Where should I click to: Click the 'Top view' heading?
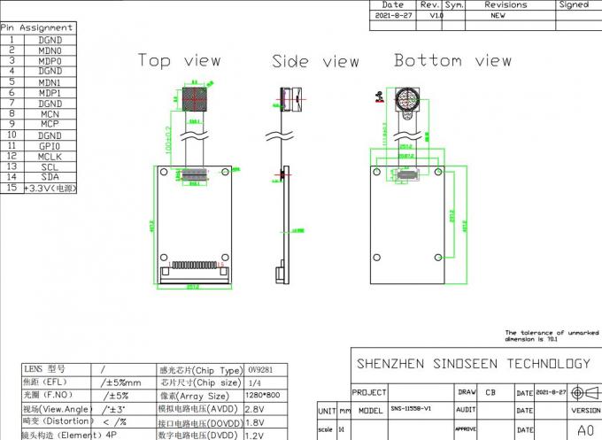coord(180,60)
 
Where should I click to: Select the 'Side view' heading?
coord(315,61)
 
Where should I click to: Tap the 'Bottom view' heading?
coord(452,60)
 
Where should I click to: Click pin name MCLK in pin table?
coord(50,156)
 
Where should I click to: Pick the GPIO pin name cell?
coord(50,145)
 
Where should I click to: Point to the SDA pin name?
coord(50,177)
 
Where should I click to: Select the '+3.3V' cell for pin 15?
coord(50,189)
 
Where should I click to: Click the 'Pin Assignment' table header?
coord(36,27)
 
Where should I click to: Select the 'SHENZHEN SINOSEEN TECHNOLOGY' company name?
coord(473,363)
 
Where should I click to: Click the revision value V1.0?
coord(436,16)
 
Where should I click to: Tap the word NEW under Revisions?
coord(498,16)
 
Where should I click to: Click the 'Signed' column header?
coord(574,4)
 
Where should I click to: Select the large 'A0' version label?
coord(585,430)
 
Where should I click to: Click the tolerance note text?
coord(546,336)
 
